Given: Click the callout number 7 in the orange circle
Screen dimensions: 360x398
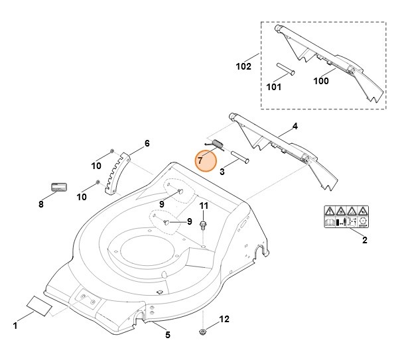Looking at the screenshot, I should tap(200, 160).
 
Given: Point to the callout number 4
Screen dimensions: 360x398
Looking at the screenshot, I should tap(295, 126).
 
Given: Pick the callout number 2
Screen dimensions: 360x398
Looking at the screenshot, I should tap(364, 241).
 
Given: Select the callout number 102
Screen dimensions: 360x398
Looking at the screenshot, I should tap(243, 67).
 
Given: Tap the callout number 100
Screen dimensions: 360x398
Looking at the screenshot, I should tap(321, 82).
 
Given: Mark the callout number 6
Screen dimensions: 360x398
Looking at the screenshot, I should tap(147, 143).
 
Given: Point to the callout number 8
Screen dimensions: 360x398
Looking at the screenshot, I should tap(40, 205).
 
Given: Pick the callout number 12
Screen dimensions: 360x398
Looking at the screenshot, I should tap(224, 320).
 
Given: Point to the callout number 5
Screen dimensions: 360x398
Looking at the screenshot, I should tap(167, 335).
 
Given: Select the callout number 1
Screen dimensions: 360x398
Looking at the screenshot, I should tap(15, 326).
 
